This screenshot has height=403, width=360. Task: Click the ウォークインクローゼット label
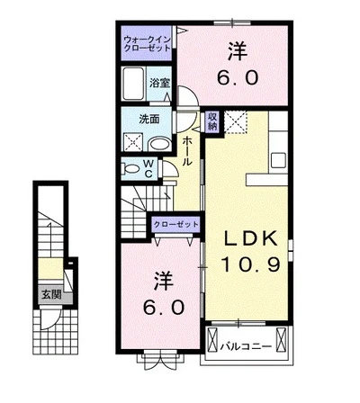(148, 44)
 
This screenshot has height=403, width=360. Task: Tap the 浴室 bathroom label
(160, 83)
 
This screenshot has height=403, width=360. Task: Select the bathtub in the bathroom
(133, 84)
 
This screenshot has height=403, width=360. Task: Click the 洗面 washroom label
(149, 120)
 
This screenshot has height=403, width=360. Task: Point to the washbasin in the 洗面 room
(160, 144)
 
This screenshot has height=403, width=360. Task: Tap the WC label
(149, 169)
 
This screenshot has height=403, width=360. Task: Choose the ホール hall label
(187, 151)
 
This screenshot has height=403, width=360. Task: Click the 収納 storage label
(212, 121)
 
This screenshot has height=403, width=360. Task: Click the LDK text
(251, 239)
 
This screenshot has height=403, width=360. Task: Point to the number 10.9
(251, 264)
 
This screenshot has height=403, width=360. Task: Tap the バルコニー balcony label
(246, 347)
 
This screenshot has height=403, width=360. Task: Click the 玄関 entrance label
(51, 295)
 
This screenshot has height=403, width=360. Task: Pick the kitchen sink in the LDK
(278, 160)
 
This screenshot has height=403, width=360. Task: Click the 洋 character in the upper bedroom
(237, 51)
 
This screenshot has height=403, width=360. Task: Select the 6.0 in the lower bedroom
(163, 308)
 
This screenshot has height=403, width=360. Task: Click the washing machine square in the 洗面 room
(134, 142)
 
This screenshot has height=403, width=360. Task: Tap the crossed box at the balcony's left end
(212, 339)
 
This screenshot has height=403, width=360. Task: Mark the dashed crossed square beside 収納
(236, 121)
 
